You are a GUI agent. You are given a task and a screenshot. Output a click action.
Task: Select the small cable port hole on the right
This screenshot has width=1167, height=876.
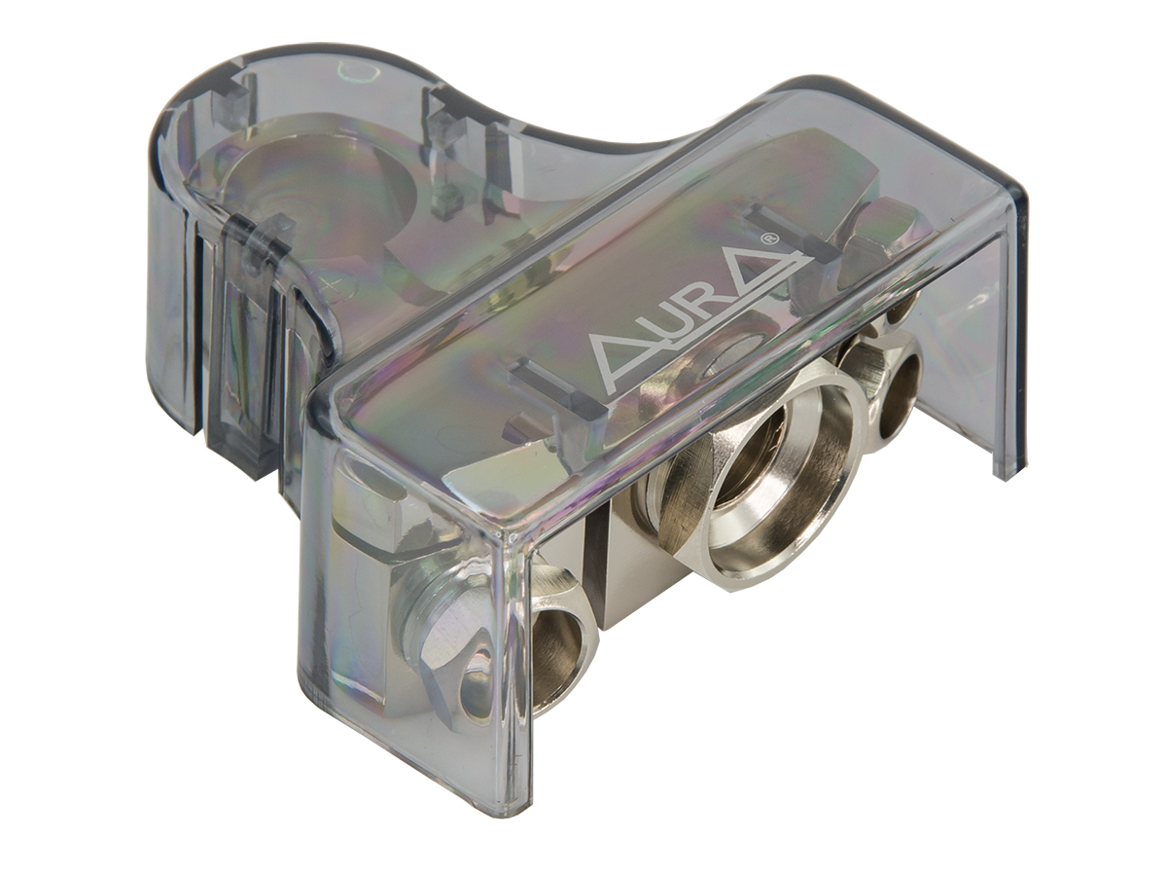[897, 399]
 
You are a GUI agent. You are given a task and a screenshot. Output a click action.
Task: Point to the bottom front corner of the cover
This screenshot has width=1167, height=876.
[506, 798]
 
